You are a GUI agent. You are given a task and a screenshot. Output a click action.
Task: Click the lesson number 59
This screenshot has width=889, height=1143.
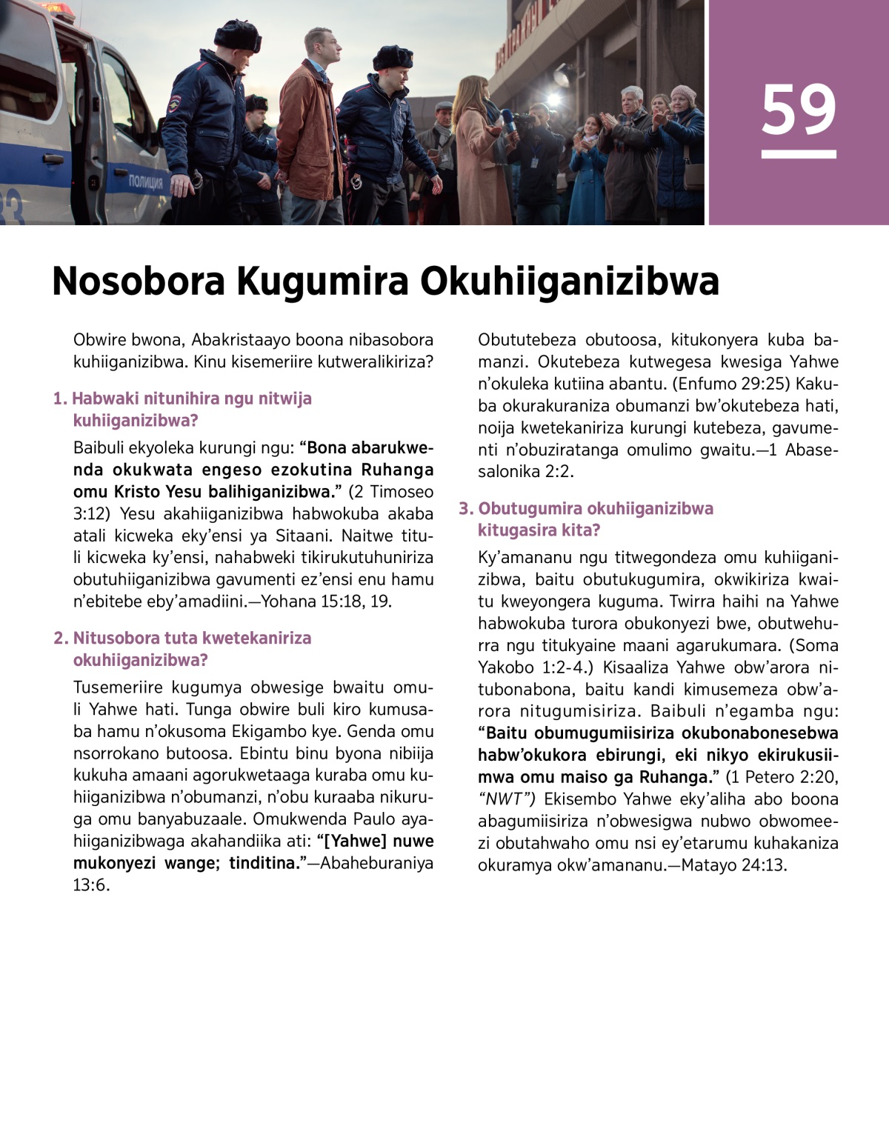point(799,110)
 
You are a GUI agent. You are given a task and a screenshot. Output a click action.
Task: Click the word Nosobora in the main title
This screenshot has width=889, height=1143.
point(138,281)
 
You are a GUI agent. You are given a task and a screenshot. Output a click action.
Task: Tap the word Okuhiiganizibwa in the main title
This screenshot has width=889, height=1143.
point(570,281)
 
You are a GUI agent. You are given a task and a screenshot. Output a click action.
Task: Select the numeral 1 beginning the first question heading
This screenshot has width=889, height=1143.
point(58,399)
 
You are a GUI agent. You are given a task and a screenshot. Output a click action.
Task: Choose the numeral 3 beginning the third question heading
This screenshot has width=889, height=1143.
point(465,508)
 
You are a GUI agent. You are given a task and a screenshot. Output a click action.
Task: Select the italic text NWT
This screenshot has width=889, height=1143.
point(507,799)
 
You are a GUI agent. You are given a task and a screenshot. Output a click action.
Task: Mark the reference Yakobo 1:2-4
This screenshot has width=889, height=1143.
point(532,667)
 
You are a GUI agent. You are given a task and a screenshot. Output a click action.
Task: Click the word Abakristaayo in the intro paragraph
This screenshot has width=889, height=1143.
point(239,340)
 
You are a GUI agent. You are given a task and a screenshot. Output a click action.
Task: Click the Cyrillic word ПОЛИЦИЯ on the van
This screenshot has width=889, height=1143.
point(145,182)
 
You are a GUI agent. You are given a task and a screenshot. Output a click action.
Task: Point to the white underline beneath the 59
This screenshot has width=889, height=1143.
point(799,154)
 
